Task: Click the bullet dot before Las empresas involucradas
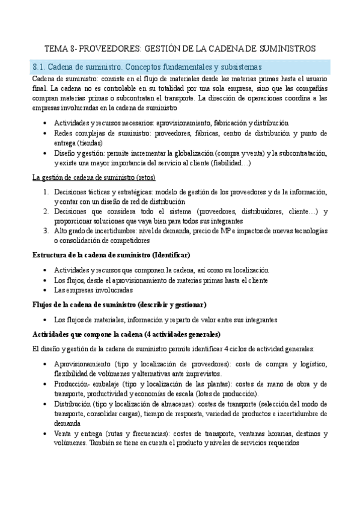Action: [x=46, y=290]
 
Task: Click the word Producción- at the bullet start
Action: [x=72, y=383]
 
